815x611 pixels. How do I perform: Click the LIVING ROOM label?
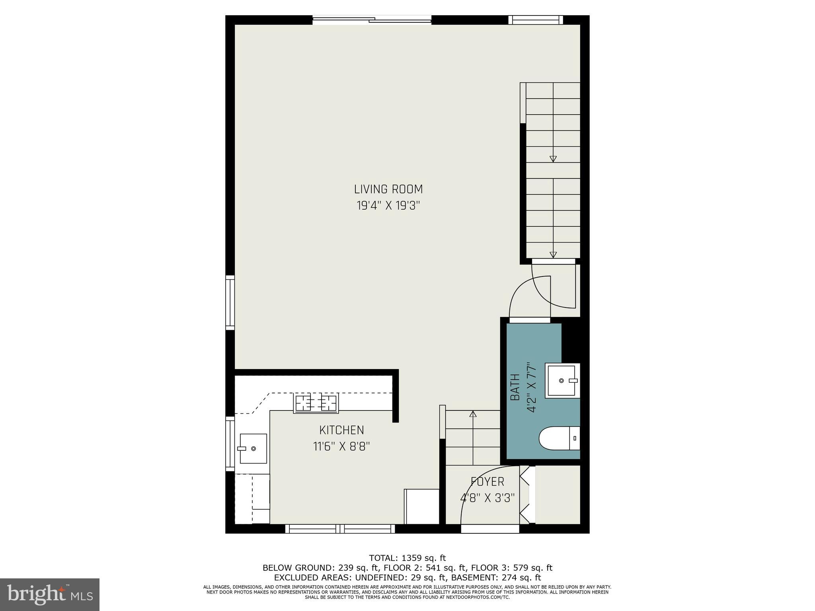(x=388, y=189)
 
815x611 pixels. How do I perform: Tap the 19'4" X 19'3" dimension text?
(x=388, y=206)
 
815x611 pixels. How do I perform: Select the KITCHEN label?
(x=341, y=430)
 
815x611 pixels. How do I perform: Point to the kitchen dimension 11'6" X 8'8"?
(x=341, y=447)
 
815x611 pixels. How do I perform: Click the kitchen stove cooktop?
(x=316, y=403)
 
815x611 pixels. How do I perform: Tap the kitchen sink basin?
(x=253, y=448)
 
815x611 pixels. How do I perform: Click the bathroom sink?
(x=562, y=380)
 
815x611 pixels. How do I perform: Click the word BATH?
(x=515, y=387)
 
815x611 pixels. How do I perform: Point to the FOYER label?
(x=487, y=482)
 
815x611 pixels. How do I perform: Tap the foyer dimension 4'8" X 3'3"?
(x=487, y=498)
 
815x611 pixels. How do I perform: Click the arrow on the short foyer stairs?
(x=473, y=414)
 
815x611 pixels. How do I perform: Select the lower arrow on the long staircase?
(x=553, y=255)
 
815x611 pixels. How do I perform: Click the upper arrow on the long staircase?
(x=553, y=159)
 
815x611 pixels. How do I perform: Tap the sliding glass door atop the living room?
(x=372, y=19)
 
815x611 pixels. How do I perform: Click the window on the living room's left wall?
(x=230, y=302)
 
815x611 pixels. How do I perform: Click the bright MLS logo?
(x=50, y=594)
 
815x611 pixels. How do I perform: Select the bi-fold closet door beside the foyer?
(x=525, y=495)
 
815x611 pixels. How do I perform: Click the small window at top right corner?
(x=536, y=20)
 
